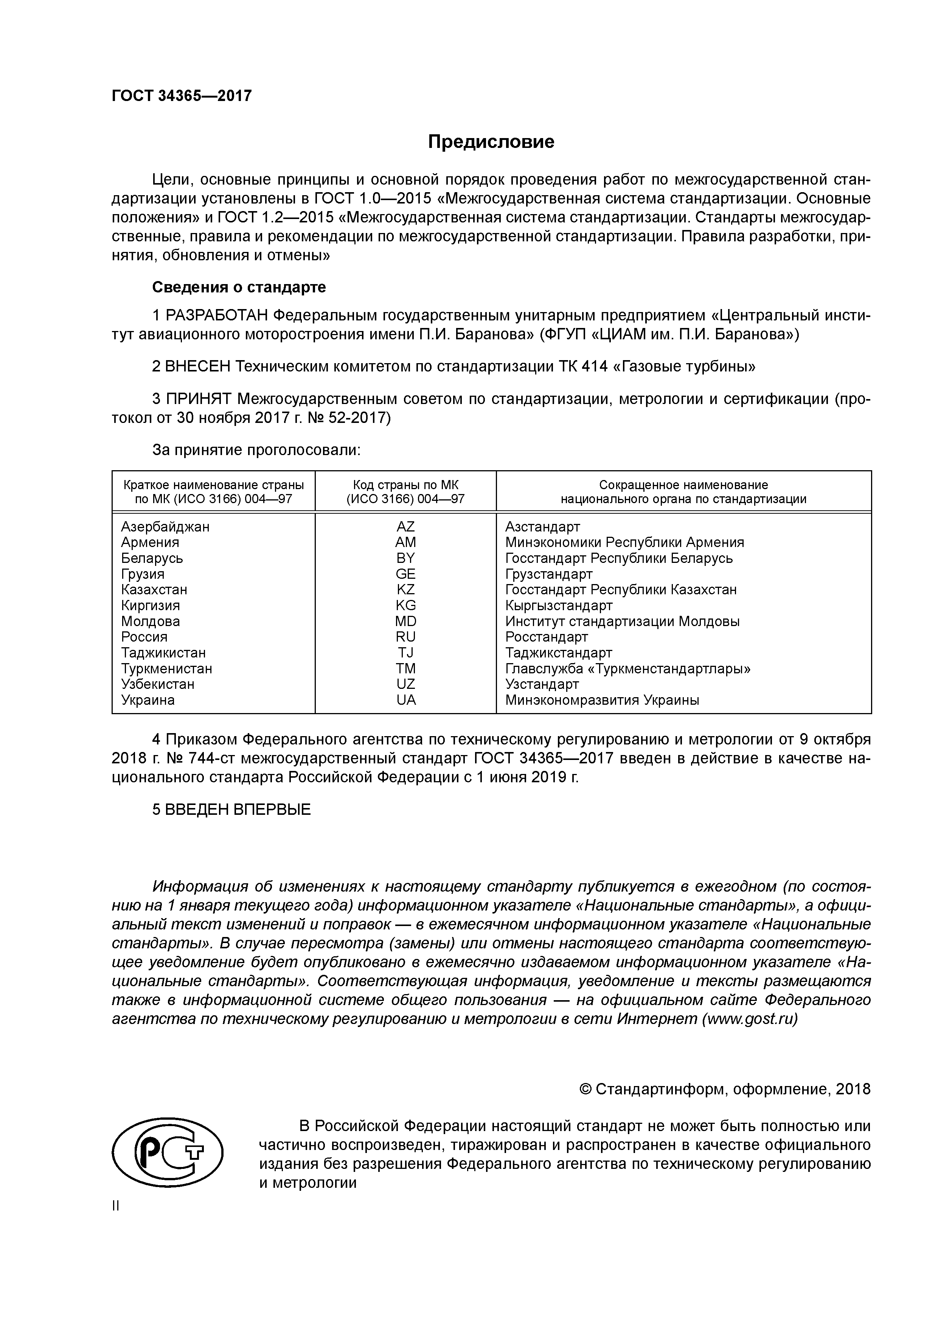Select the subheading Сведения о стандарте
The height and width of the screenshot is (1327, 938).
pos(239,287)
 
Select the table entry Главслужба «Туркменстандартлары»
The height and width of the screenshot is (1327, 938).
pos(627,669)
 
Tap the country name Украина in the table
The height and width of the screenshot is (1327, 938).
pos(148,700)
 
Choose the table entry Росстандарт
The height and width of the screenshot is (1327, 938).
pos(546,637)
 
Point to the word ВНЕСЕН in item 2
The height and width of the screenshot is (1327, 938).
pos(198,367)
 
